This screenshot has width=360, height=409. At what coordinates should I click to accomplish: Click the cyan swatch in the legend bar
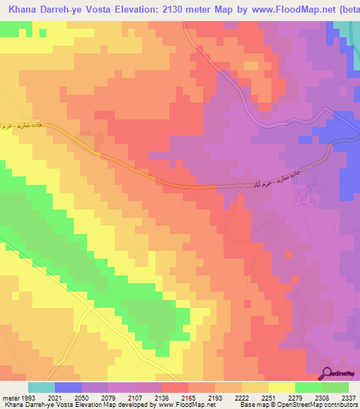click(x=41, y=387)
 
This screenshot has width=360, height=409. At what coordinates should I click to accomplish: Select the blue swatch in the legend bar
click(x=67, y=387)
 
